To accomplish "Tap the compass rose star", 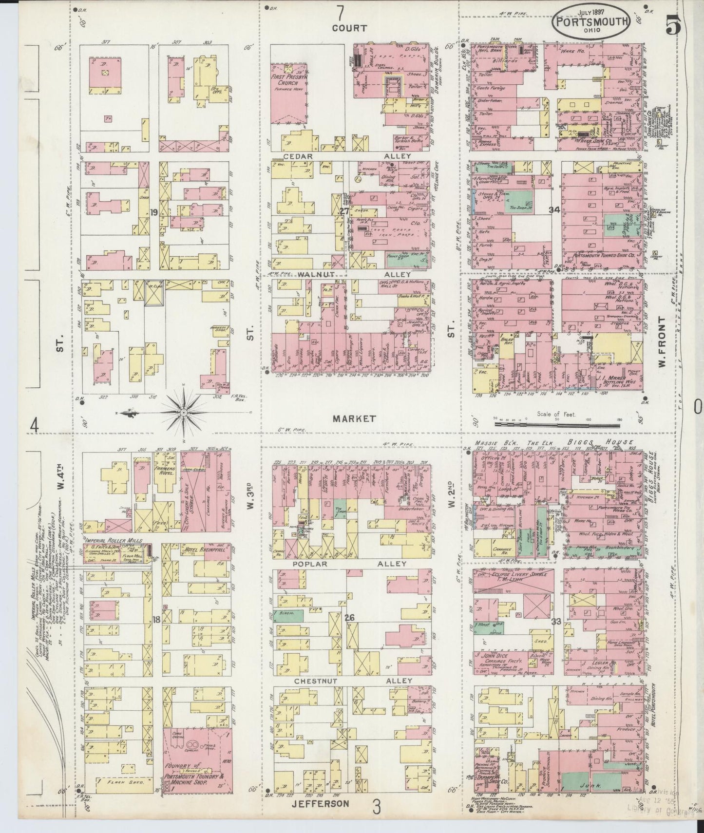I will coord(184,413).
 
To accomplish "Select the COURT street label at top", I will coord(349,28).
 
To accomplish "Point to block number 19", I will coord(153,212).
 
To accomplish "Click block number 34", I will coord(553,210).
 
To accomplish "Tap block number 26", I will coord(349,618).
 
